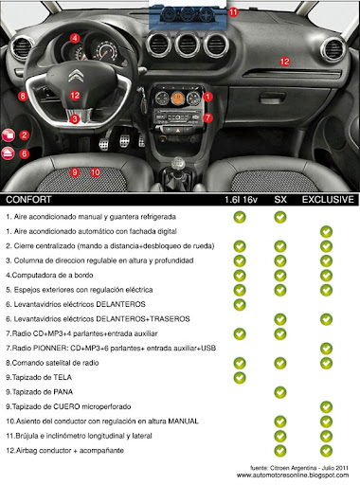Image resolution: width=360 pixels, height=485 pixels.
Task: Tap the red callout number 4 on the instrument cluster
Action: pyautogui.click(x=74, y=38)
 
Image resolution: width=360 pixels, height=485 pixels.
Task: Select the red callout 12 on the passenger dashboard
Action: pyautogui.click(x=283, y=61)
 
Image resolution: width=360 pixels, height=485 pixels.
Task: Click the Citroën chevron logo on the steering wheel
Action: pyautogui.click(x=76, y=77)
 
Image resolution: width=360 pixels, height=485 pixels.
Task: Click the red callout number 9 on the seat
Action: pyautogui.click(x=75, y=172)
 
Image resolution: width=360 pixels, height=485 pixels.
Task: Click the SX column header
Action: pyautogui.click(x=280, y=201)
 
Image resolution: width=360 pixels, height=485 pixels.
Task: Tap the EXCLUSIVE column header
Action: pyautogui.click(x=327, y=201)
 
